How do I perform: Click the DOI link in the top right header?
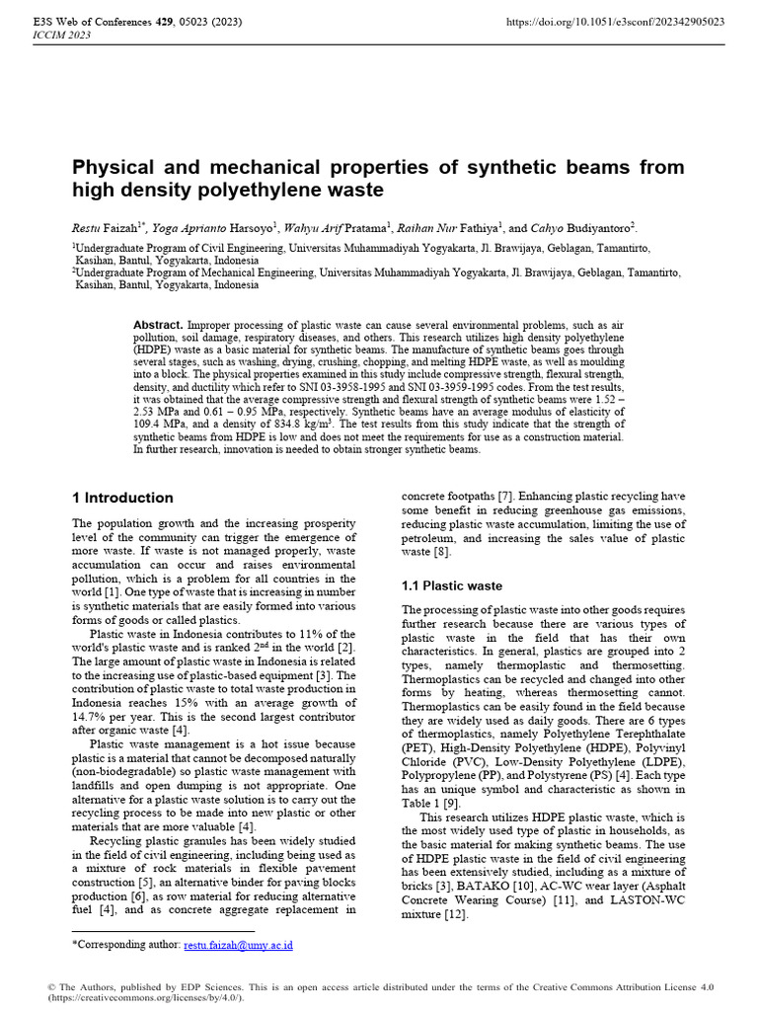click(x=615, y=21)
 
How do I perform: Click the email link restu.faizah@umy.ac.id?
click(x=238, y=945)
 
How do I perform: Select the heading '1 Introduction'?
click(x=122, y=498)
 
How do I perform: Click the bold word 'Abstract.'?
click(x=158, y=325)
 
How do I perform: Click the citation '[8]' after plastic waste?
click(x=438, y=552)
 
